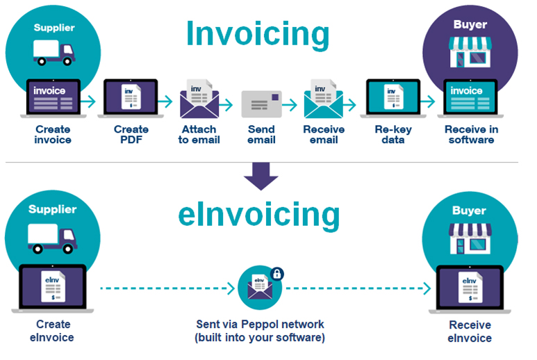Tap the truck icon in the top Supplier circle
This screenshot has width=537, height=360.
(x=53, y=52)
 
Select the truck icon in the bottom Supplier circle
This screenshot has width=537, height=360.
(x=53, y=238)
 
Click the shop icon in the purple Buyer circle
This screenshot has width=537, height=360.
(x=470, y=53)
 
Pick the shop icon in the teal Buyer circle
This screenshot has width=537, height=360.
(x=470, y=240)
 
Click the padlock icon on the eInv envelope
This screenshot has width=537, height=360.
(x=276, y=273)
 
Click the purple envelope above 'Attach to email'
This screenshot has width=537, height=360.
(x=199, y=101)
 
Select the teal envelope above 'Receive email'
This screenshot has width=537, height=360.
(x=323, y=101)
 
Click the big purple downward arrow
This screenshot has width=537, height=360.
(x=261, y=176)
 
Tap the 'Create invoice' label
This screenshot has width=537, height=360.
(x=53, y=134)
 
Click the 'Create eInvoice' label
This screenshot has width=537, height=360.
(x=52, y=331)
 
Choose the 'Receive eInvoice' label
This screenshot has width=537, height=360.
(x=470, y=332)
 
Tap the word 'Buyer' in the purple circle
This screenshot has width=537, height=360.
(x=470, y=25)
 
